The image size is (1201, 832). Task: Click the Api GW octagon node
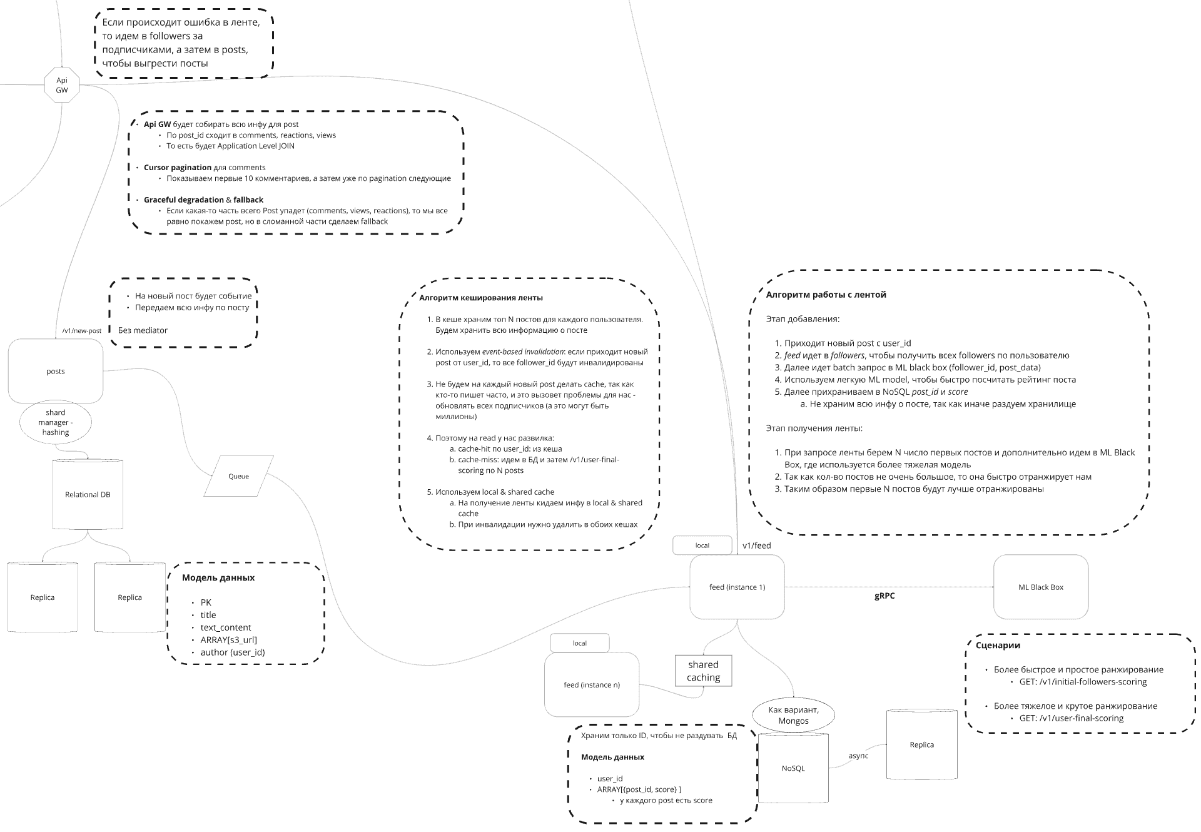tap(62, 84)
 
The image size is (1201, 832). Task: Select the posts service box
tap(56, 371)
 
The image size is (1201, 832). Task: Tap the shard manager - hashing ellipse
tap(56, 422)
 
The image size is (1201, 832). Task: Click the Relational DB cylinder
tap(88, 494)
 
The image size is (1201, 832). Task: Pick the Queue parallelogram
tap(238, 476)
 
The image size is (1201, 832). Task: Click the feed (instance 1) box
tap(737, 587)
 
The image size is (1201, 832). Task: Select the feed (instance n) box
tap(592, 685)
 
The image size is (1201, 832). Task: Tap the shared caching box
tap(703, 671)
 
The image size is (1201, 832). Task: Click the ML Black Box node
tap(1041, 587)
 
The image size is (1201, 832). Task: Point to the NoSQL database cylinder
tap(793, 768)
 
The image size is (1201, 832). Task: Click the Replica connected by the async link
tap(922, 744)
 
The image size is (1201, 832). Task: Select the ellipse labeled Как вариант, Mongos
tap(793, 716)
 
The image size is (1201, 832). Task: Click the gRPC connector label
tap(884, 596)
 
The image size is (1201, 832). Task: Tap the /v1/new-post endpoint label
tap(82, 331)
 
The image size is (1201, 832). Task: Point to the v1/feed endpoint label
tap(757, 545)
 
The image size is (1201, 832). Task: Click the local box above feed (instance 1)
tap(702, 545)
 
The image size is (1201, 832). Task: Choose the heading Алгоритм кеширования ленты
tap(481, 298)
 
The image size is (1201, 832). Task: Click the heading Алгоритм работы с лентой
tap(826, 295)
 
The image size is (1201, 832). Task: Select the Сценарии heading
tap(998, 646)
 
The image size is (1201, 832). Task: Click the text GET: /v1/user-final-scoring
tap(1072, 718)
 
